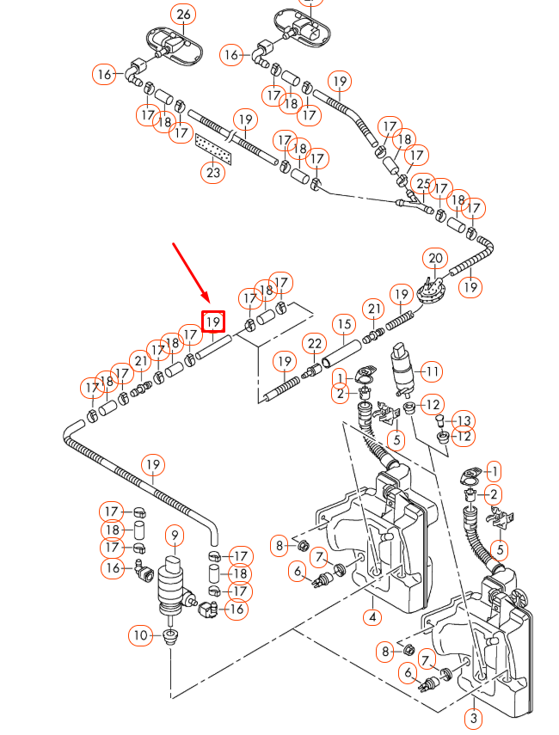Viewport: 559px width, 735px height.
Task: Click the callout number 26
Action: click(x=182, y=14)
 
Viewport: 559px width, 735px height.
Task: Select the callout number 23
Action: click(x=213, y=172)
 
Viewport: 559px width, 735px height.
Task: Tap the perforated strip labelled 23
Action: click(x=214, y=148)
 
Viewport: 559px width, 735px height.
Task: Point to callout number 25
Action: click(x=423, y=183)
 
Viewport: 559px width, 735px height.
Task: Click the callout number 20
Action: click(x=436, y=259)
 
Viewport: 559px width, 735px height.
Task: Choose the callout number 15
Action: click(x=344, y=324)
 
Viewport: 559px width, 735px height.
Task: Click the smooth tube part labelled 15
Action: click(x=339, y=353)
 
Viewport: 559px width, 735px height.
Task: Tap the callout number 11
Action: click(x=433, y=371)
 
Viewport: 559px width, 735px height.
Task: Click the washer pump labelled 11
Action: click(x=402, y=367)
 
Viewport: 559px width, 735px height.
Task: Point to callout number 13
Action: click(x=464, y=420)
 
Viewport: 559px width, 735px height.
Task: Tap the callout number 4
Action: click(x=372, y=616)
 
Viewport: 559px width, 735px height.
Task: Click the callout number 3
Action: click(x=474, y=717)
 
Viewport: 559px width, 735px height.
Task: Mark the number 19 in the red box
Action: click(x=213, y=322)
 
